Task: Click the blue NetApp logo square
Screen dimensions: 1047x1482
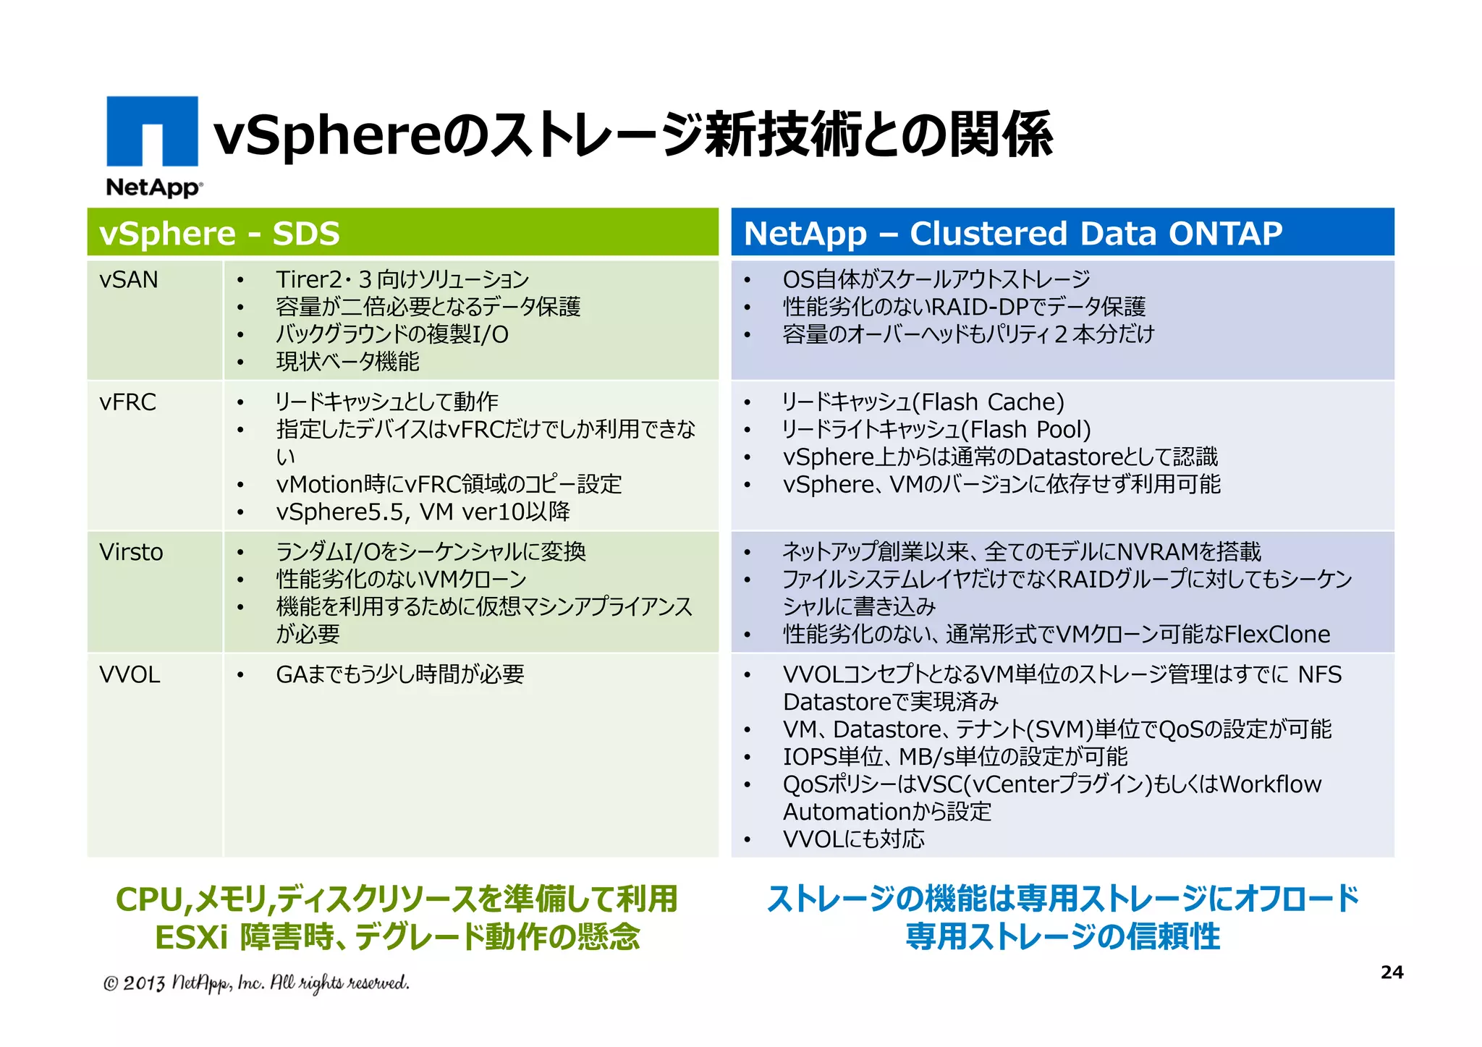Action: [x=152, y=131]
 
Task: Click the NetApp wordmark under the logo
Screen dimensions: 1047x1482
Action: [x=153, y=187]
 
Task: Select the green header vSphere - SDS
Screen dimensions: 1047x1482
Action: [x=219, y=234]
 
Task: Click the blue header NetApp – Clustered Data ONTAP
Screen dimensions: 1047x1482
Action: [x=1012, y=234]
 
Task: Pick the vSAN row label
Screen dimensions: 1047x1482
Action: [x=129, y=279]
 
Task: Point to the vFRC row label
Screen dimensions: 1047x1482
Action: [x=128, y=402]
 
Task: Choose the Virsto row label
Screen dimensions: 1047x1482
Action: [x=131, y=552]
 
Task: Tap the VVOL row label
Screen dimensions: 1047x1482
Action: [x=130, y=674]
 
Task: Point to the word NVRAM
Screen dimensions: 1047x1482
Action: [x=1157, y=552]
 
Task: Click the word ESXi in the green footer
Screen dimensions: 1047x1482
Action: [x=191, y=937]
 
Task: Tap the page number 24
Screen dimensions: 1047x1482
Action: [x=1392, y=972]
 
